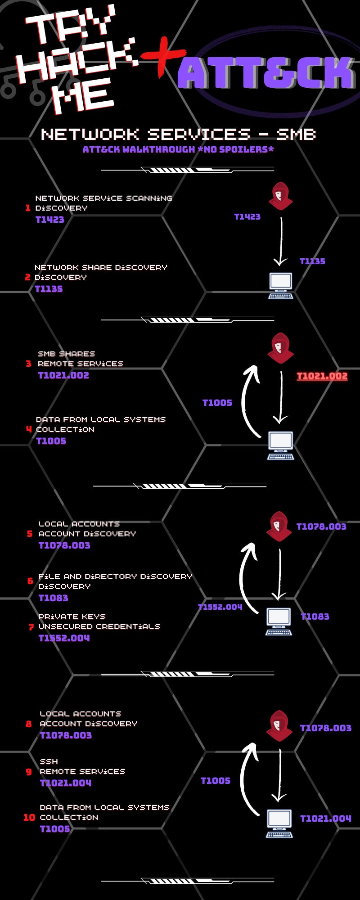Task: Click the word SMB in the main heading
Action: (x=296, y=134)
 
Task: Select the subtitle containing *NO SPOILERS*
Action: (x=178, y=149)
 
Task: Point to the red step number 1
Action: (x=28, y=208)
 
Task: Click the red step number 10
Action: (x=29, y=817)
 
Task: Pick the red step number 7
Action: (x=31, y=627)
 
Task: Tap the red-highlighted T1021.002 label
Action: (x=322, y=376)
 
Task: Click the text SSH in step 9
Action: (x=49, y=761)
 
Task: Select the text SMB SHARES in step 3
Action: (x=67, y=354)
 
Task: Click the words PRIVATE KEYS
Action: (x=72, y=616)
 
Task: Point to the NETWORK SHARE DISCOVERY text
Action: (x=101, y=267)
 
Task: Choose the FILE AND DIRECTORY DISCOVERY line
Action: (x=115, y=576)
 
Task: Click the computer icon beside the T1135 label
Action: (x=281, y=285)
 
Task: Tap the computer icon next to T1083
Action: (x=279, y=621)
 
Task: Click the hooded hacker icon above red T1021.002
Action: (x=280, y=348)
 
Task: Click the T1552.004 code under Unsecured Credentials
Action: (x=64, y=638)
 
